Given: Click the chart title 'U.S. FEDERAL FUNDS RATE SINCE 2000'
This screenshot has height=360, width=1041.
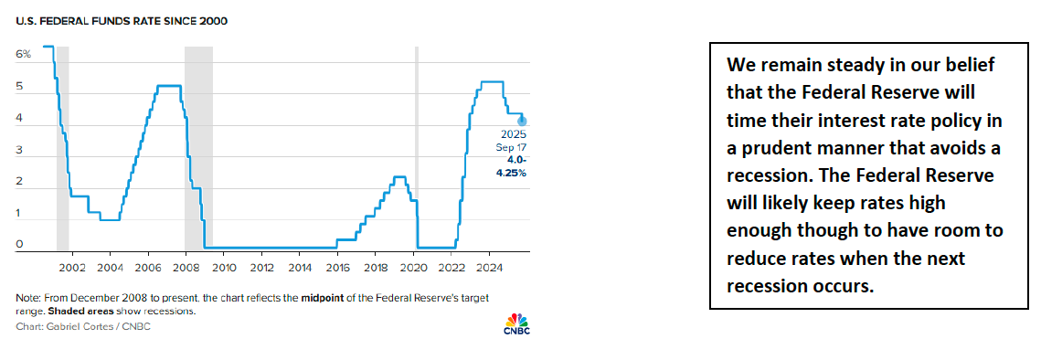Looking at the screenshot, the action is tap(122, 21).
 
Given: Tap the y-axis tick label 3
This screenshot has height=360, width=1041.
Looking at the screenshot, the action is tap(19, 150).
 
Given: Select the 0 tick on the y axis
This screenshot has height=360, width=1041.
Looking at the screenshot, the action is tap(19, 245).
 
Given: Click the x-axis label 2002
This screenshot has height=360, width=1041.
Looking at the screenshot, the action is tap(71, 270).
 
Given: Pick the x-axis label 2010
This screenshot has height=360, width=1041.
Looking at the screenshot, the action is tap(224, 270).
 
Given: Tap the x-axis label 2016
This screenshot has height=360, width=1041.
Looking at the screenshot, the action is tap(337, 270).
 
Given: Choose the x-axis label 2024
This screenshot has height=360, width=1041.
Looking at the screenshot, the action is tap(489, 270).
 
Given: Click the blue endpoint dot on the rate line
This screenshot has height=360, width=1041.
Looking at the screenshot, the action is tap(523, 122).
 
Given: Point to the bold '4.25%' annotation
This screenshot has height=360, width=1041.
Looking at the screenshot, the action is tap(513, 174).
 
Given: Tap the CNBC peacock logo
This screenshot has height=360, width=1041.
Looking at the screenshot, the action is tap(516, 323).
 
